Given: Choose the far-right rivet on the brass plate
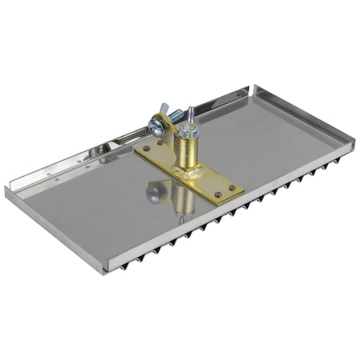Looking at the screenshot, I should tap(231, 190).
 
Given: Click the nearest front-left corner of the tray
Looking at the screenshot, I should tap(102, 270).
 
